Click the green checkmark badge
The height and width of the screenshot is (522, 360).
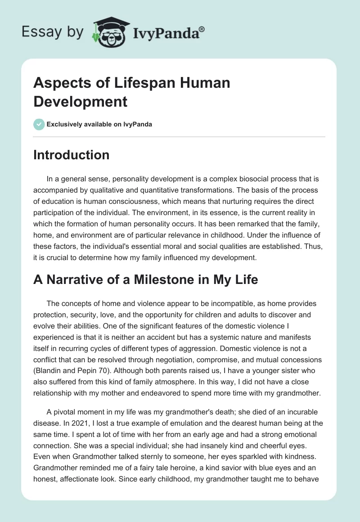click(x=39, y=124)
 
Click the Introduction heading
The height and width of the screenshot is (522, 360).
click(x=71, y=155)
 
